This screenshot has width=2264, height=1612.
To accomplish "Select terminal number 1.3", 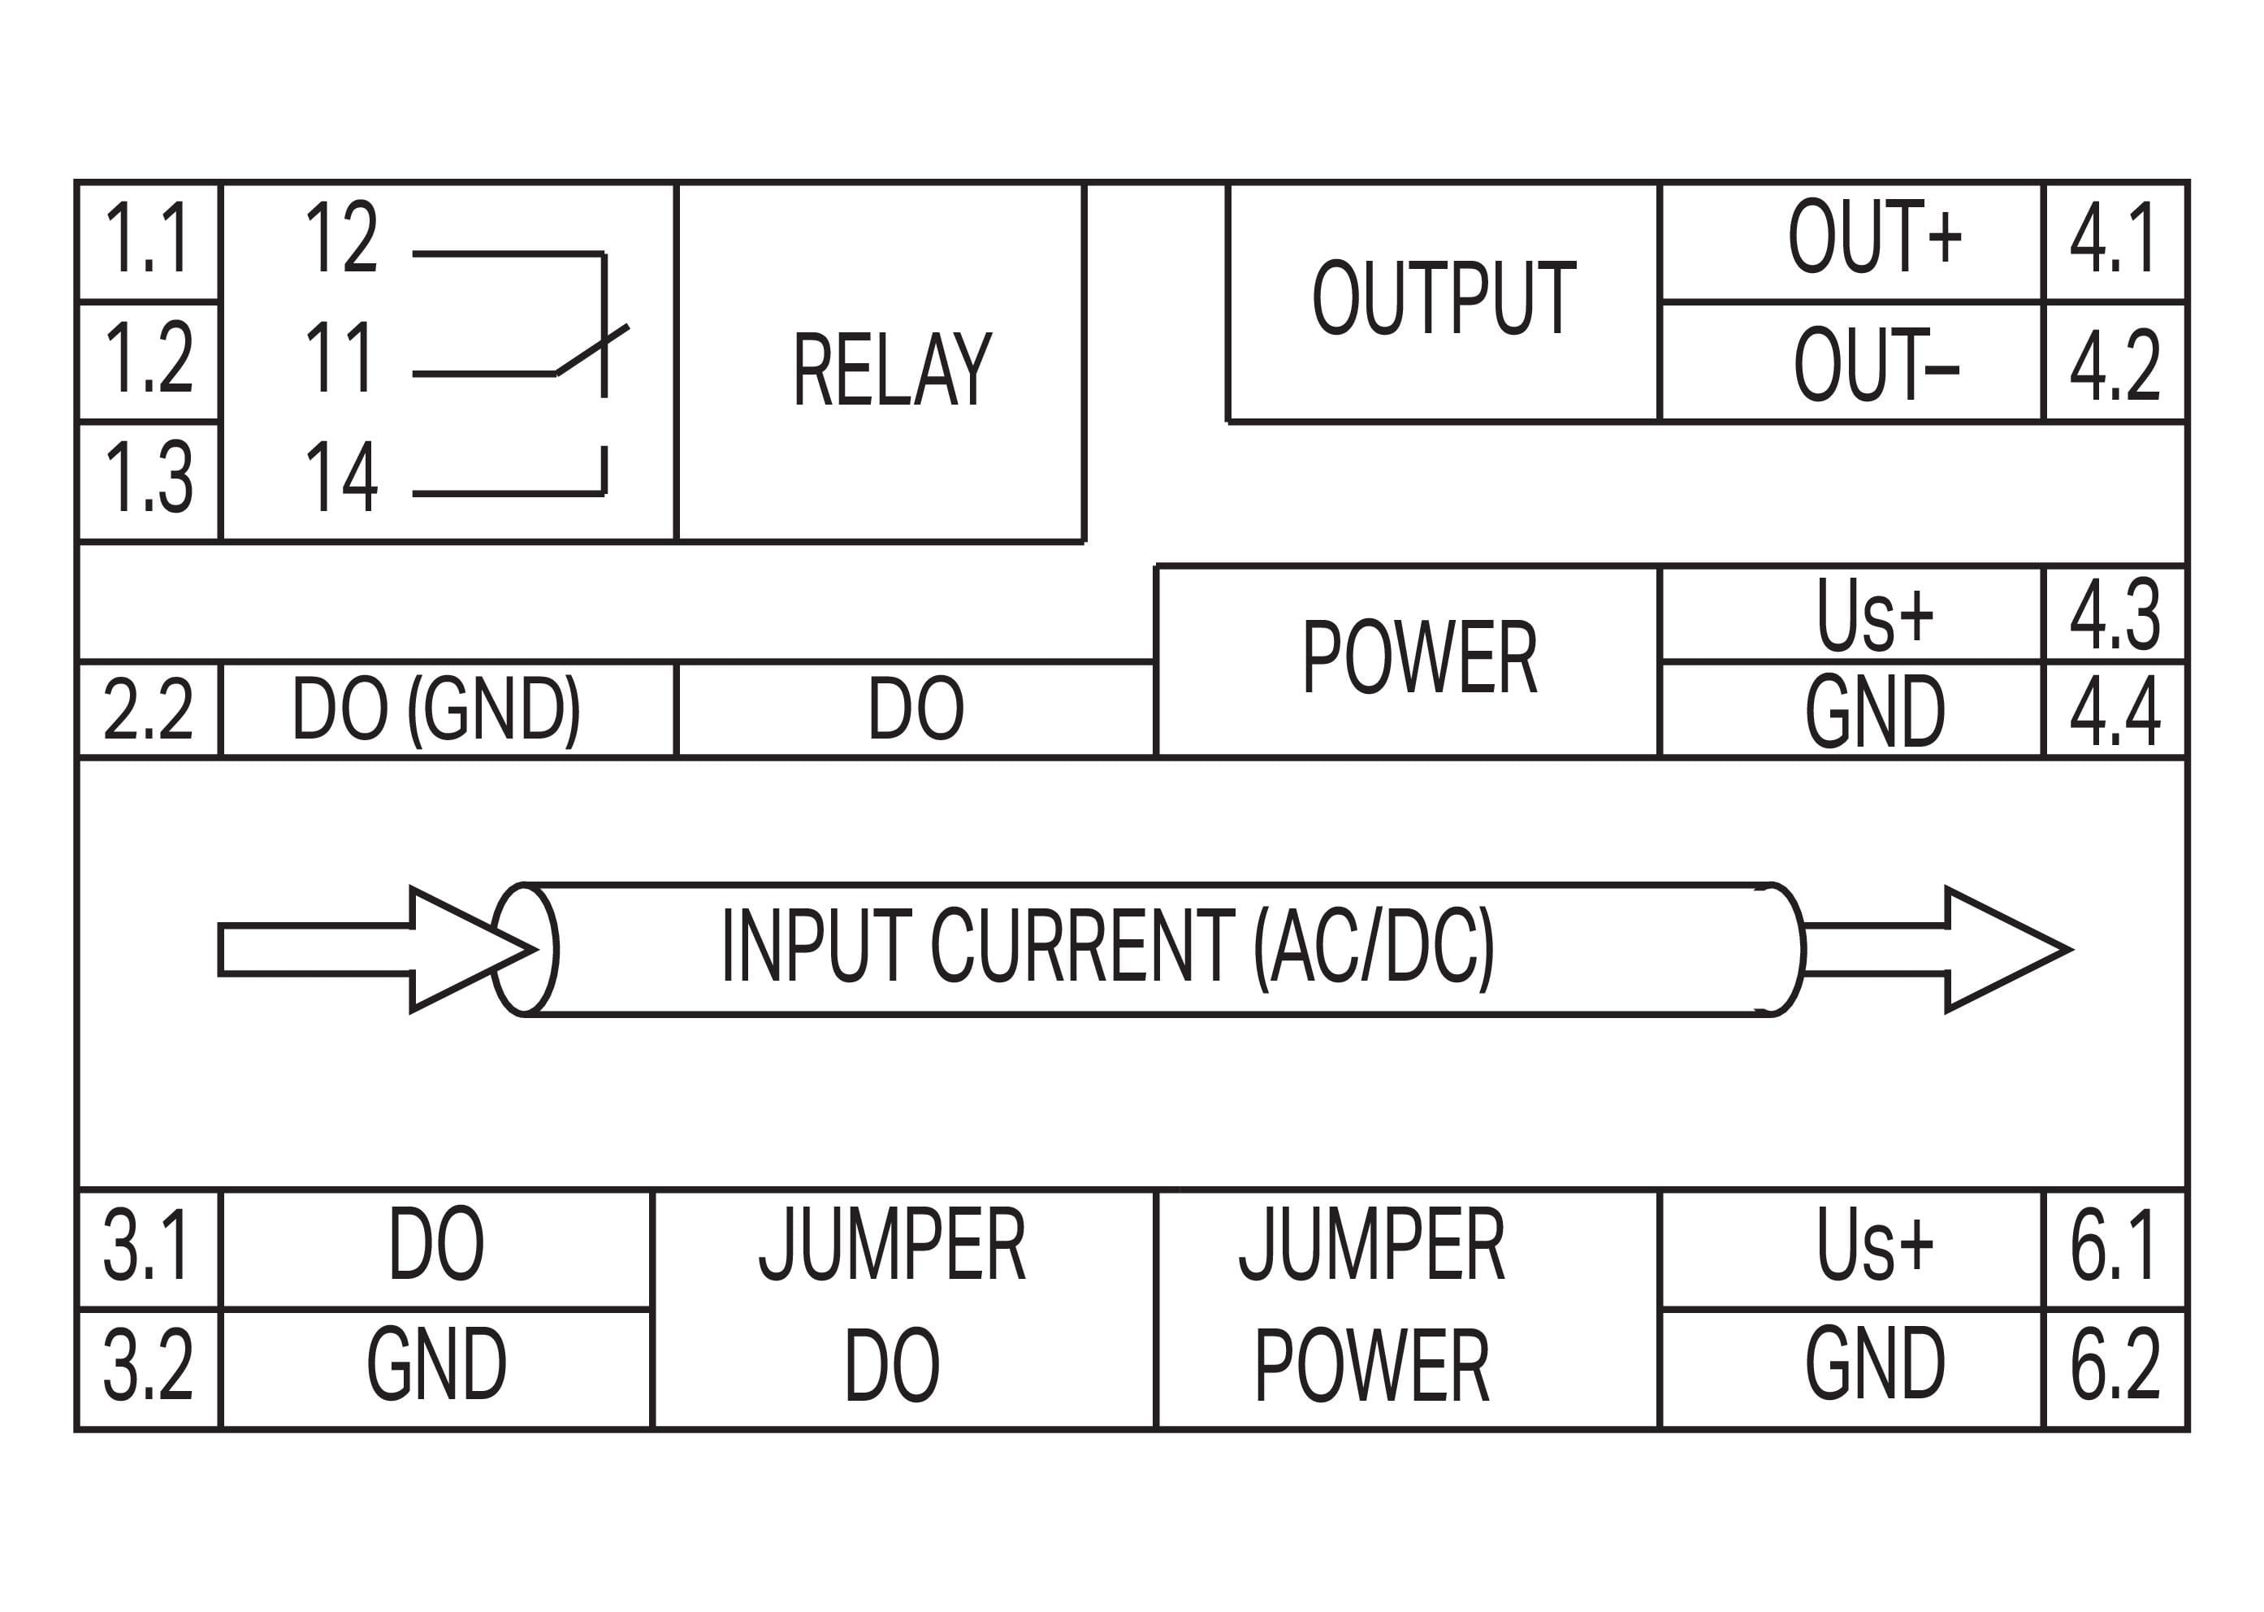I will point(147,479).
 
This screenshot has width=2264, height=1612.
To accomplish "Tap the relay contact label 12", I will point(340,237).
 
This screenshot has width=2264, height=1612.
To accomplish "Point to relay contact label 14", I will point(340,478).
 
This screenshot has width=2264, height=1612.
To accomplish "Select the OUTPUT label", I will point(1444,298).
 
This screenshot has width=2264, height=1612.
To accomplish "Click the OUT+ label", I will point(1874,237).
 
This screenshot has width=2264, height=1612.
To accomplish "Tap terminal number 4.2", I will point(2115,364).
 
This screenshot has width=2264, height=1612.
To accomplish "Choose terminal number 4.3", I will point(2115,613).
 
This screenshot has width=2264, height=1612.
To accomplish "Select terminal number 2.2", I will point(147,709).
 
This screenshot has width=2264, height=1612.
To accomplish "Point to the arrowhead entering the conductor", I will point(466,949).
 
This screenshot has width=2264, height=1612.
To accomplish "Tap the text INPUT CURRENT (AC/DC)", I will point(1106,948).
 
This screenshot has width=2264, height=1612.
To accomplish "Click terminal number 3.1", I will point(147,1245).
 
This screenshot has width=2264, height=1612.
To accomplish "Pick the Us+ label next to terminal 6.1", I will point(1874,1245).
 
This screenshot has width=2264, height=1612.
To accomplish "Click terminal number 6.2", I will point(2115,1365).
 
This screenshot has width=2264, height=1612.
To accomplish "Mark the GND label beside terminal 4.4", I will point(1874,711).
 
